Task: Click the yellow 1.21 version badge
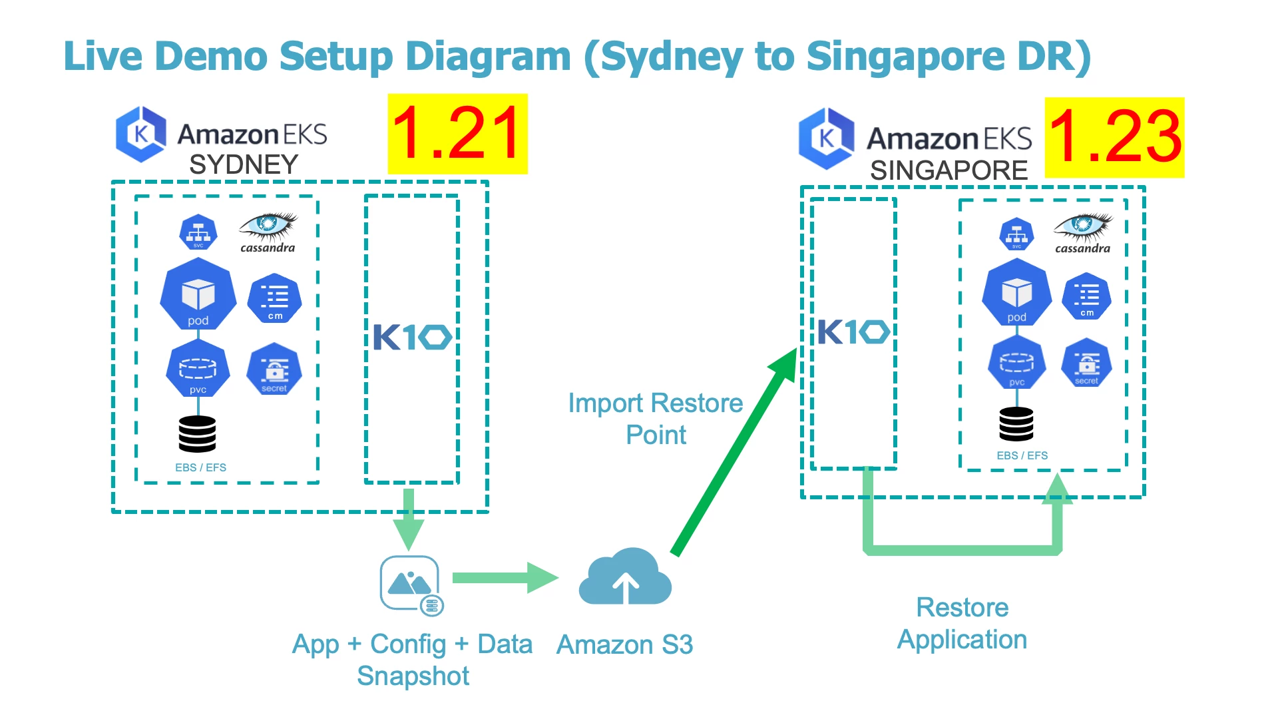pos(457,134)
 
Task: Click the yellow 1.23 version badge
pos(1114,137)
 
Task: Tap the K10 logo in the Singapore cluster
pos(853,332)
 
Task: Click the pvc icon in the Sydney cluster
pos(198,369)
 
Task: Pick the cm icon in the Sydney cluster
pos(274,298)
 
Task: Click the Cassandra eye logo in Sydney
pos(268,226)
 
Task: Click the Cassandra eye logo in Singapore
pos(1082,227)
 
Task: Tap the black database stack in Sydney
pos(197,433)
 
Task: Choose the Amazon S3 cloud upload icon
pos(624,578)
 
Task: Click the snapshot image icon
pos(411,584)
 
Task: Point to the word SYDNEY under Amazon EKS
pos(244,164)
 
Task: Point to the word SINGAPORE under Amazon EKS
pos(949,170)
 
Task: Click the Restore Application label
pos(962,623)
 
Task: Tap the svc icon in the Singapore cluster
pos(1016,234)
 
